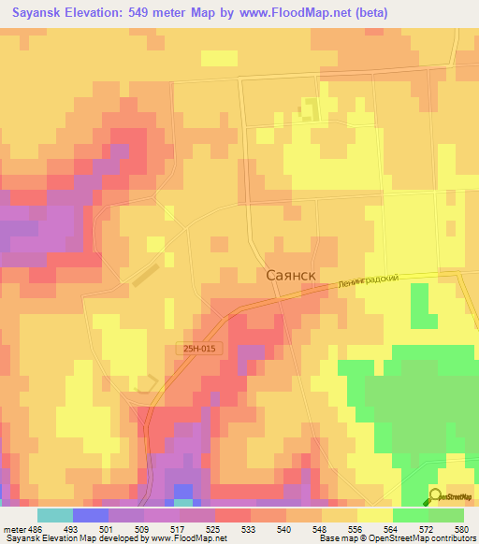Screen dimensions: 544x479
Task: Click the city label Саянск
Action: (x=291, y=276)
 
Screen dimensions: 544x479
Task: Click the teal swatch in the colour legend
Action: (x=54, y=515)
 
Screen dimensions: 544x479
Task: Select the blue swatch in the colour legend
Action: (x=90, y=515)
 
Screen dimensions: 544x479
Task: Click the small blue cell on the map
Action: (x=183, y=491)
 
